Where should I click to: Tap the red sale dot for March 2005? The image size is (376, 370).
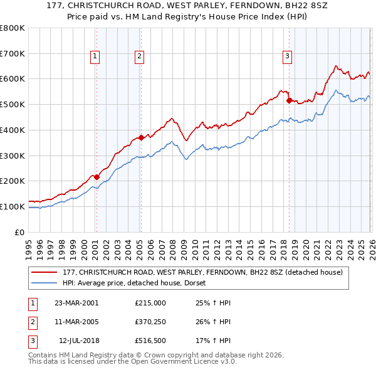pyautogui.click(x=141, y=137)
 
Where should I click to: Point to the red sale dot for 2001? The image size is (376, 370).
pyautogui.click(x=97, y=177)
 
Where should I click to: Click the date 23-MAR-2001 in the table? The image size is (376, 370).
pyautogui.click(x=76, y=302)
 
